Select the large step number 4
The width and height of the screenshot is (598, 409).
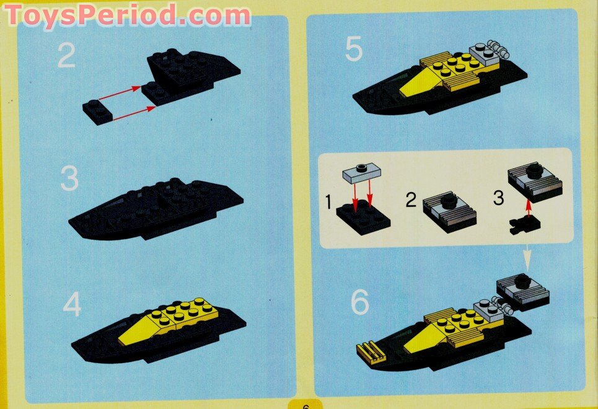coord(72,305)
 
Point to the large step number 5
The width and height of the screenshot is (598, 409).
coord(354,50)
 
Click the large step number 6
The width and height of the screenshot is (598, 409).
coord(360,302)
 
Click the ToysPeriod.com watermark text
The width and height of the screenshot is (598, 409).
coord(127,15)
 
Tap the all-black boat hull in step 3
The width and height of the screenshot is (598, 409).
coord(155,211)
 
